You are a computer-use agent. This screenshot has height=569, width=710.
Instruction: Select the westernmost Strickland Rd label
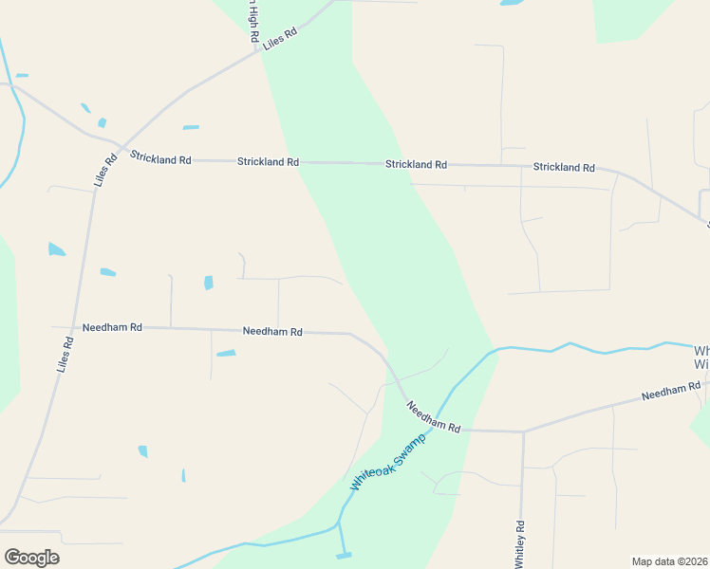pos(161,159)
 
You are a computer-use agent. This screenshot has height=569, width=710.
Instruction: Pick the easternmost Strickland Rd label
pos(564,167)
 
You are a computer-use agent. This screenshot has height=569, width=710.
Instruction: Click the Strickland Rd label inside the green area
pos(416,164)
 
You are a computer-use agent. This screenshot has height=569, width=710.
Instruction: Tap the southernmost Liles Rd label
pos(65,354)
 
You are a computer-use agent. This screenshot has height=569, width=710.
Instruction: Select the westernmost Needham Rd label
pos(112,326)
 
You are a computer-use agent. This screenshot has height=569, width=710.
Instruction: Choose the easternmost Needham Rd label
pos(671,390)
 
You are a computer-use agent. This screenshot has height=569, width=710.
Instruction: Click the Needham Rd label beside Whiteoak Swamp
pos(434,416)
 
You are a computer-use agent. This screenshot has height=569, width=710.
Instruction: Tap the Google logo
pos(31,558)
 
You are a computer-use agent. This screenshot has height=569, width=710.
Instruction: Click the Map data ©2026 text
pos(669,561)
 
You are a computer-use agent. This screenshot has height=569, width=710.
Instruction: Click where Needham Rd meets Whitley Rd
pos(523,431)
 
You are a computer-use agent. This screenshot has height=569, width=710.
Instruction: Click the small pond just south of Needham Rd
pos(226,354)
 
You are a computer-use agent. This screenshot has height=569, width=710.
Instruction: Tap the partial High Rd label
pos(253,21)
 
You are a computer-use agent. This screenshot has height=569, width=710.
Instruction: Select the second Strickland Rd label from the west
pos(268,162)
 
